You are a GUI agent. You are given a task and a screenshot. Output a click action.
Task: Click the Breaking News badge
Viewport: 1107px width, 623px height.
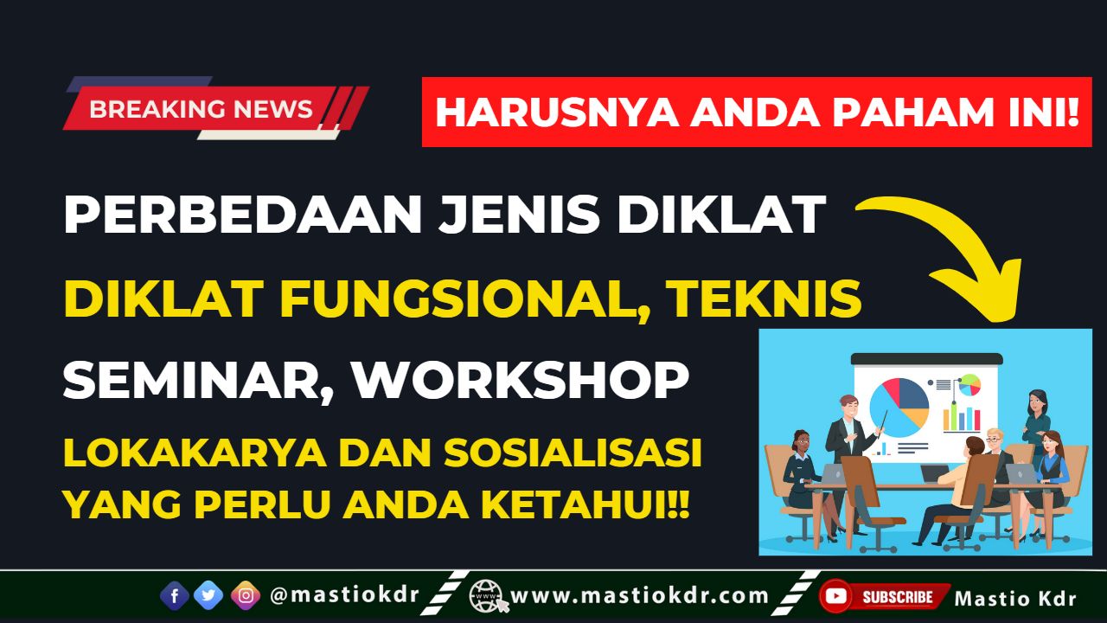[x=201, y=109]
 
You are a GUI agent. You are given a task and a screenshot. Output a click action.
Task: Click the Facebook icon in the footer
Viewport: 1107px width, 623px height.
[x=175, y=595]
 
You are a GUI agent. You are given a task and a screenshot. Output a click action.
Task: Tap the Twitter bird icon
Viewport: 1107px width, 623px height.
[x=208, y=595]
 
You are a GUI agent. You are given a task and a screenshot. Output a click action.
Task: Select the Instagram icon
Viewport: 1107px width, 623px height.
[x=246, y=595]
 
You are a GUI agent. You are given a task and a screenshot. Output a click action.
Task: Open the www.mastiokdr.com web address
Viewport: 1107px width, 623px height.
[x=639, y=595]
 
